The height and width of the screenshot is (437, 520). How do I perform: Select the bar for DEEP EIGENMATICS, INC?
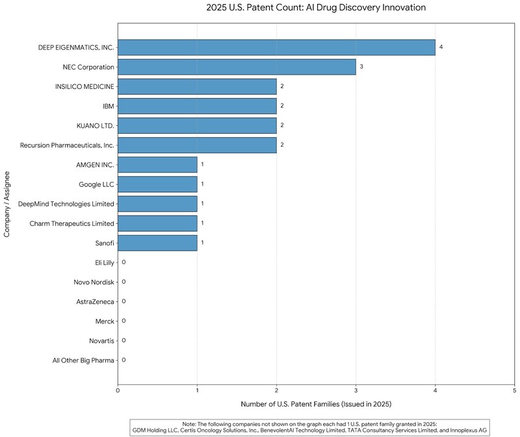tap(276, 47)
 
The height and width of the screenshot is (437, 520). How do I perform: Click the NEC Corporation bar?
tap(237, 67)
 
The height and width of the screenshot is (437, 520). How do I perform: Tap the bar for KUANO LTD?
tap(197, 125)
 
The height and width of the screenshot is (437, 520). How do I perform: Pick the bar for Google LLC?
tap(157, 184)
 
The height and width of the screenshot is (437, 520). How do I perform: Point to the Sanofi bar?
tap(157, 242)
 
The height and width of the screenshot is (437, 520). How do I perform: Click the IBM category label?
tap(108, 106)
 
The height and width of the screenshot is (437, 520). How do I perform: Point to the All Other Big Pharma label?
tap(84, 360)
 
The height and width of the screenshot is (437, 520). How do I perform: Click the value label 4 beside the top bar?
tap(441, 47)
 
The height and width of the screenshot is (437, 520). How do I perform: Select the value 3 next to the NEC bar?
tap(361, 67)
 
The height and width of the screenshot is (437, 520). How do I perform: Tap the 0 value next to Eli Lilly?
tap(123, 262)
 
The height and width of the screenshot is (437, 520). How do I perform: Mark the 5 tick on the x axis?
tap(514, 390)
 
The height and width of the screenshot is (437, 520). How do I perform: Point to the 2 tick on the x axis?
tap(276, 390)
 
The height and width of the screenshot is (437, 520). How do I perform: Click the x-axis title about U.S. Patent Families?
tap(316, 404)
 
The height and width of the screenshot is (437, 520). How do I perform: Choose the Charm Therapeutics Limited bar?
tap(157, 223)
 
